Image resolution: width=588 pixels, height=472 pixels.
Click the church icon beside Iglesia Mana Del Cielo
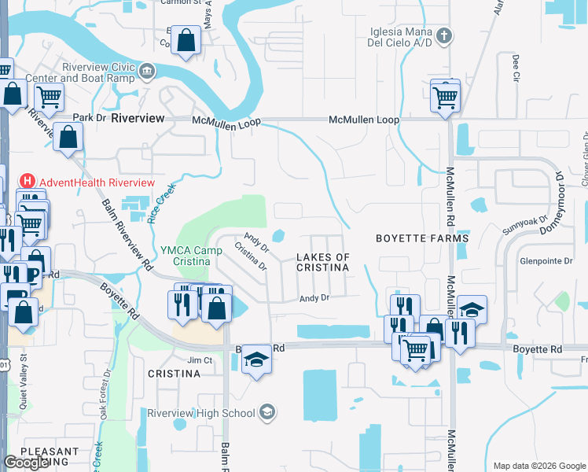coord(444,35)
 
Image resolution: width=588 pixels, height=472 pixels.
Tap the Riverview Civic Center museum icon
coord(147,73)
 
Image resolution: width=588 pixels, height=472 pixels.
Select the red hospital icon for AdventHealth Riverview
coord(28,181)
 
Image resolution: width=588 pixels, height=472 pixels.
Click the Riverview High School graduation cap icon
coord(267,413)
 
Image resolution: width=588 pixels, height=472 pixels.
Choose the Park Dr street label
coord(89,118)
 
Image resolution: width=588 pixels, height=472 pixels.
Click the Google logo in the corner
coord(26,463)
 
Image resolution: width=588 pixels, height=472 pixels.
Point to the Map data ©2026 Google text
coord(538,466)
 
